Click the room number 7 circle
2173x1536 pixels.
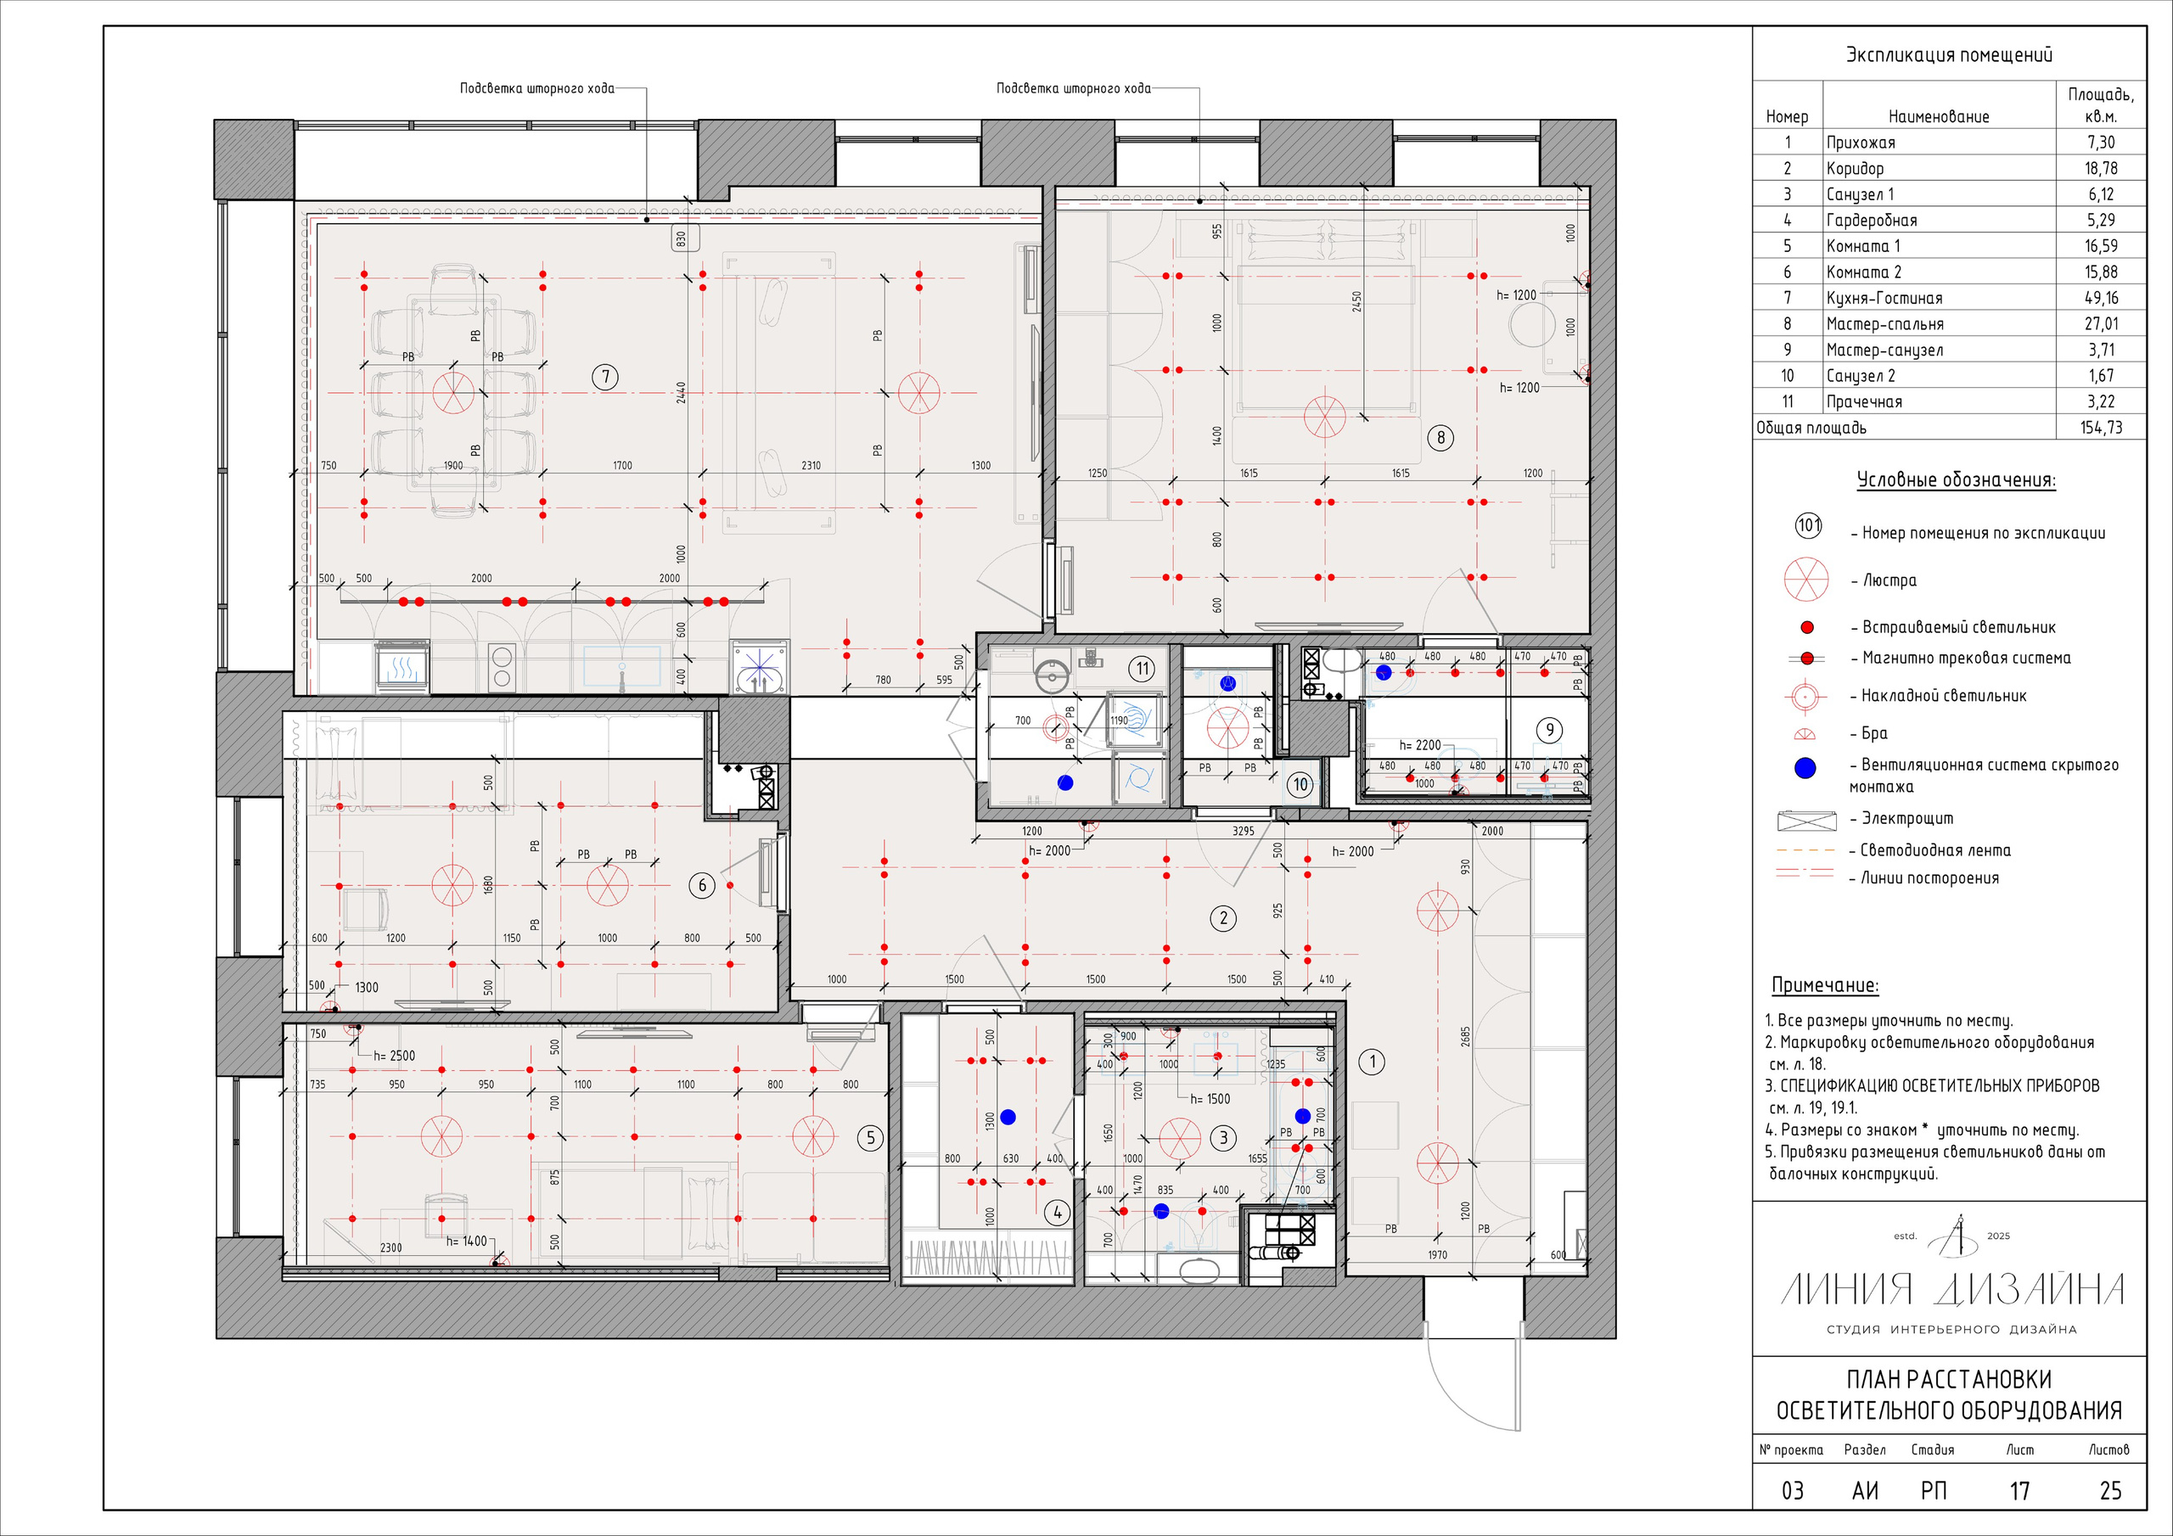(606, 378)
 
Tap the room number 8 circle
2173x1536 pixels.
(1440, 437)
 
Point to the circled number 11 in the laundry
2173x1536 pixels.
(1143, 669)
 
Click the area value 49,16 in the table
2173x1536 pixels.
(2100, 298)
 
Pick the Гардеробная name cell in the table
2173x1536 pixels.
(1871, 221)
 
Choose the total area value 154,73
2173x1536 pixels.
(2100, 428)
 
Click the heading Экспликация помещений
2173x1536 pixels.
(1949, 55)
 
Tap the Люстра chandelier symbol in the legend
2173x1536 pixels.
(1805, 580)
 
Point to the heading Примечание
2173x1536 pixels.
(1825, 985)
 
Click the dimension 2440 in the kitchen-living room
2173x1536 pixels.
(682, 393)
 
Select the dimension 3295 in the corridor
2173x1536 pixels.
(1243, 831)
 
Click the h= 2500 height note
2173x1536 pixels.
(394, 1055)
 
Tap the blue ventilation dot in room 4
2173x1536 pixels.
(1008, 1118)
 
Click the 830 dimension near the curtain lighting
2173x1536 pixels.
(680, 239)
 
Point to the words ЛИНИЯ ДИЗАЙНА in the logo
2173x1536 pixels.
(1952, 1290)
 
